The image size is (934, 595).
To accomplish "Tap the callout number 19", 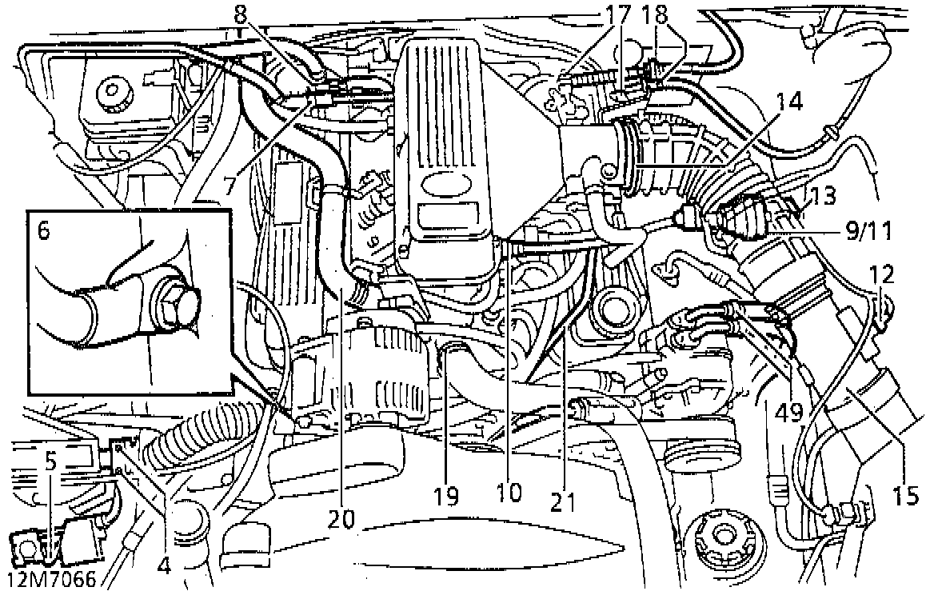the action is coord(446,496).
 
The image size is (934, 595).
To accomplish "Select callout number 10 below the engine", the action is coord(508,491).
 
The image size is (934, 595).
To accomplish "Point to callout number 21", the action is coord(564,501).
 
